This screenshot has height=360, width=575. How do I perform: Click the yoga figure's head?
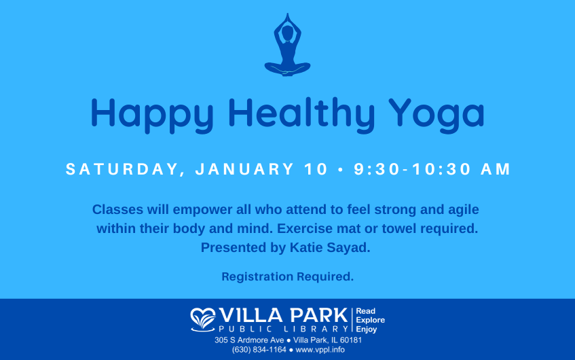[288, 33]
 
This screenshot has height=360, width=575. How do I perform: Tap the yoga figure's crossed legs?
[288, 69]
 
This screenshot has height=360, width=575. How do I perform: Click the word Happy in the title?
[152, 115]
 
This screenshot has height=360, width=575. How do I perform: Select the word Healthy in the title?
[301, 115]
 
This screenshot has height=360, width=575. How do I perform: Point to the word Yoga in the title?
[437, 115]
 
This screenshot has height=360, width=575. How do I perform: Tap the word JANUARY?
[244, 169]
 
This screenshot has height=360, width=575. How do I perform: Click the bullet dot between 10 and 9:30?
[341, 170]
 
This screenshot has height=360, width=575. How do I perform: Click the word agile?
[464, 210]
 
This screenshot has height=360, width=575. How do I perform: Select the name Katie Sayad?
[330, 248]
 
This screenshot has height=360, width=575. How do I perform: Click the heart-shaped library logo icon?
[203, 320]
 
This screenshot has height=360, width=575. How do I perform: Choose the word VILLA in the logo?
[251, 316]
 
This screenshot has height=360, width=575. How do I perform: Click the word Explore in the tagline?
[371, 320]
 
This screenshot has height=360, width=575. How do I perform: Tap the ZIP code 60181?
[350, 340]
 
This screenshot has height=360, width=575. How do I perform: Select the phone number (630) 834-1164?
[259, 350]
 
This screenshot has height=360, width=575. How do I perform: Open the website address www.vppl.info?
[320, 350]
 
